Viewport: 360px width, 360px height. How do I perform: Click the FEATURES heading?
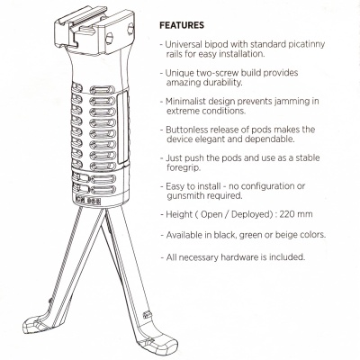click(x=182, y=25)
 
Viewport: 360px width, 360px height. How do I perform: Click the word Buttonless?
click(x=186, y=130)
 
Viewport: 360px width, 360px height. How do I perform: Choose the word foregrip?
click(x=184, y=167)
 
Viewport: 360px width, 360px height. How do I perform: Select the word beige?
click(x=283, y=235)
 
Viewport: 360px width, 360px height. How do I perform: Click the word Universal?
click(x=184, y=44)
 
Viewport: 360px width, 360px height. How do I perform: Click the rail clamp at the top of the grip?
click(x=94, y=32)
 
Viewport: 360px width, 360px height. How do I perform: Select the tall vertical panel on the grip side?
click(x=122, y=128)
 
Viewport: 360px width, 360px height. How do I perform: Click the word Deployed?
click(x=251, y=214)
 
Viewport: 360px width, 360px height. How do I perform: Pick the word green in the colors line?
click(x=254, y=235)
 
